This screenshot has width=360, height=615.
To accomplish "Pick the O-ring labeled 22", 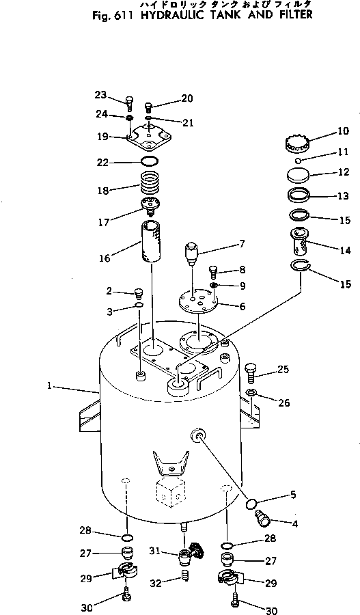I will click(150, 162).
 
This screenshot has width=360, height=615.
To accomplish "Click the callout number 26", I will click(283, 402).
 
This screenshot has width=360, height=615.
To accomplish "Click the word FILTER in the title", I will click(292, 14).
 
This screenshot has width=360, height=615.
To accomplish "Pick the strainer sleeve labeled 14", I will click(299, 244).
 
